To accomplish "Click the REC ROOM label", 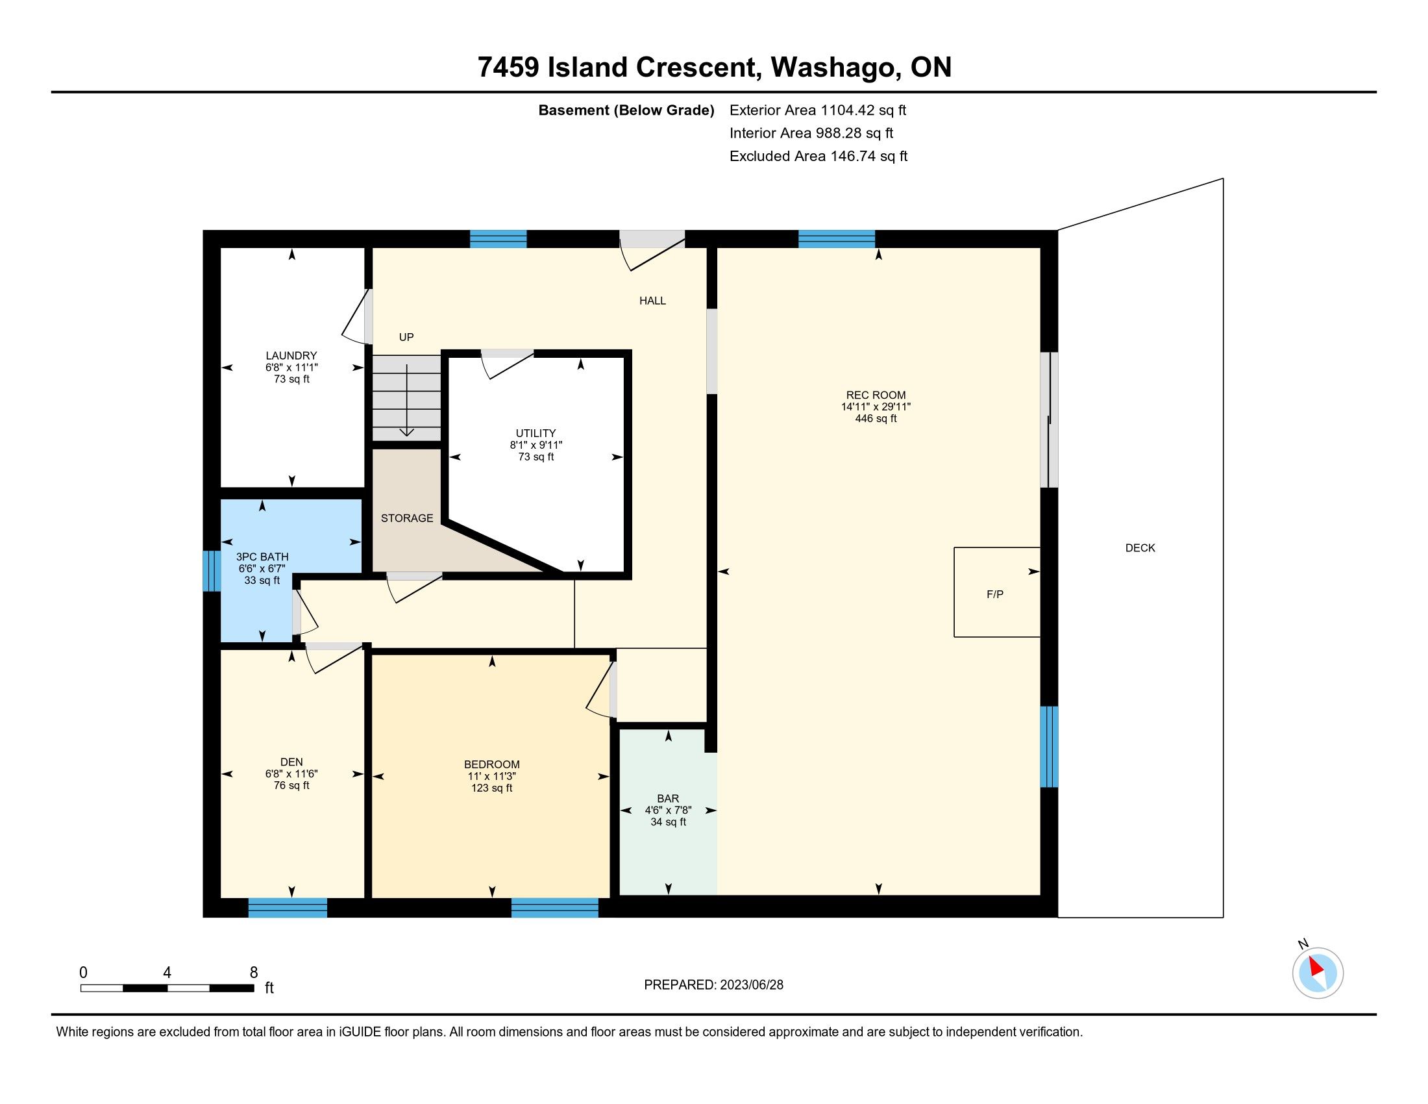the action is (x=876, y=395).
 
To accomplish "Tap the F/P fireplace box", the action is (x=996, y=592).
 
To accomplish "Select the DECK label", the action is (x=1140, y=548).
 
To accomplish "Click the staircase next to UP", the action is (x=407, y=398).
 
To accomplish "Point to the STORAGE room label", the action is (x=407, y=518).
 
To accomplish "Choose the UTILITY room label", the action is (x=535, y=433).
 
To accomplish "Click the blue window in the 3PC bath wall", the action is (x=211, y=571).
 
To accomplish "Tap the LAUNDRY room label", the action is (x=291, y=356).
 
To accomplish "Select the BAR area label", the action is (x=667, y=799).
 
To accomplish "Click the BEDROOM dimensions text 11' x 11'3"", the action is (x=492, y=776).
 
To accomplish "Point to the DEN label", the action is (x=291, y=762).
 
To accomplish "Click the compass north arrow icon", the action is (x=1317, y=973).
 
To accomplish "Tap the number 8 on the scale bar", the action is (x=254, y=973).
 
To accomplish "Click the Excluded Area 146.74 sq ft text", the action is (x=819, y=157).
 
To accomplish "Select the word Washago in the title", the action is (x=833, y=68).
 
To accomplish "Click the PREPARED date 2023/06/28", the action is (x=750, y=985).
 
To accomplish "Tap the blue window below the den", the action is (x=288, y=908).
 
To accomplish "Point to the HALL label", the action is (x=652, y=301).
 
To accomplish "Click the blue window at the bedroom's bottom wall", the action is (x=554, y=908).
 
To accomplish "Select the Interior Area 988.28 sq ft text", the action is (x=811, y=133).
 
